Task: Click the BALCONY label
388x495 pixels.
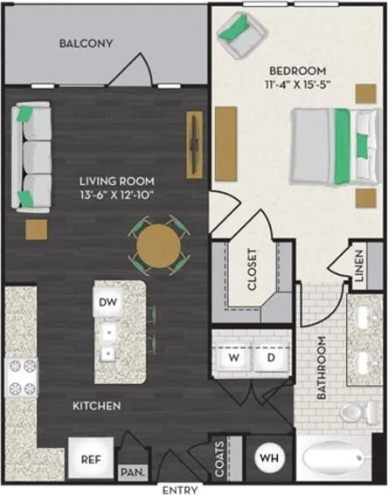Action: [87, 44]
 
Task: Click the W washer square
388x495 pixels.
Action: [233, 357]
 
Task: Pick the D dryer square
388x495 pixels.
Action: [271, 357]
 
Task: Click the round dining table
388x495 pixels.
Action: [159, 245]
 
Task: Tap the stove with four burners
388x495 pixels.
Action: [21, 378]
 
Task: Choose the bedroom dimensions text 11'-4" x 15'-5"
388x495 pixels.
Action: [297, 85]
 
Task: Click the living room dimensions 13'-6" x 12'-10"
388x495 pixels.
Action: [114, 195]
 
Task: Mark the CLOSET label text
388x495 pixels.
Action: [252, 270]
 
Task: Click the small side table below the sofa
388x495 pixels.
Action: [36, 230]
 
